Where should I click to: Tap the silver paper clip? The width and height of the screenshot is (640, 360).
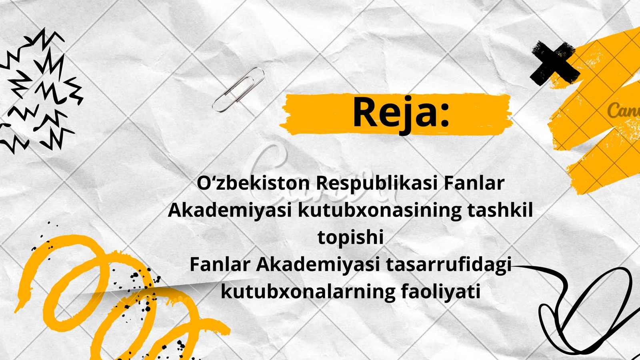239,89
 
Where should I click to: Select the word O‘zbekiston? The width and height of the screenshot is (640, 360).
253,183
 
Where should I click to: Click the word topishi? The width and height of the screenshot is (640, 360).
350,237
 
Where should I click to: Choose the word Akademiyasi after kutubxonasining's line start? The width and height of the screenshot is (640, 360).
230,210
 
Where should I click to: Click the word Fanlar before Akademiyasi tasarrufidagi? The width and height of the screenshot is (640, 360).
220,264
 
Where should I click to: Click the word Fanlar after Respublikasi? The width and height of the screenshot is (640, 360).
474,183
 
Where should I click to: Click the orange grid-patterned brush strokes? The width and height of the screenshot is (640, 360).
596,120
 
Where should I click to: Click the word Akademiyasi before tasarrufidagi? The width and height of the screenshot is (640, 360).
318,264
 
